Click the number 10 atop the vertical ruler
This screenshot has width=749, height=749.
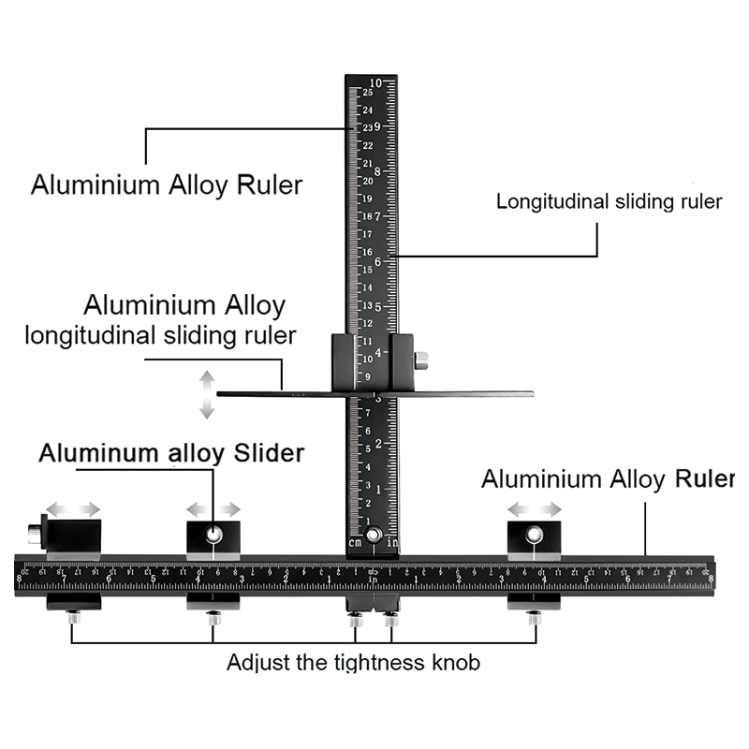coord(374,82)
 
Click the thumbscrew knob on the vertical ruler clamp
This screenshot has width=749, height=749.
coord(421,358)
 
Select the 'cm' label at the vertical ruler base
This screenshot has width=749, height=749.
coord(355,542)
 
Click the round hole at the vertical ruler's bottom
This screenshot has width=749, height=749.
coord(374,535)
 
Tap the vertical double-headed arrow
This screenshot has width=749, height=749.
coord(206,393)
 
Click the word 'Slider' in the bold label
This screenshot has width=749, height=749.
coord(266,454)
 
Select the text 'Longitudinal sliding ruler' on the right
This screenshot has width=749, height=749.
coord(609,201)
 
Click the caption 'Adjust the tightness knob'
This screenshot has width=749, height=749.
coord(353,663)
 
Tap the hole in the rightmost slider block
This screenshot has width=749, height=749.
coord(534,535)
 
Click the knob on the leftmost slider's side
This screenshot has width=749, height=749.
coord(34,534)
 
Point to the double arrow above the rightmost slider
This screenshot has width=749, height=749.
coord(535,509)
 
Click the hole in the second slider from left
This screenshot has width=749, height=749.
coord(213,535)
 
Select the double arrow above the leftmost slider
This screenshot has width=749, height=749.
coord(74,509)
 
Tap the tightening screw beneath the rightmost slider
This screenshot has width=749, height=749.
coord(534,617)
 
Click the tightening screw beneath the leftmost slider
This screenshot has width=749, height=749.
coord(73,617)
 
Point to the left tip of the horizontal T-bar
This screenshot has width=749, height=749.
coord(220,394)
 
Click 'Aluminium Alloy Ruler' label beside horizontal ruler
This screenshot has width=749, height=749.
coord(607,479)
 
